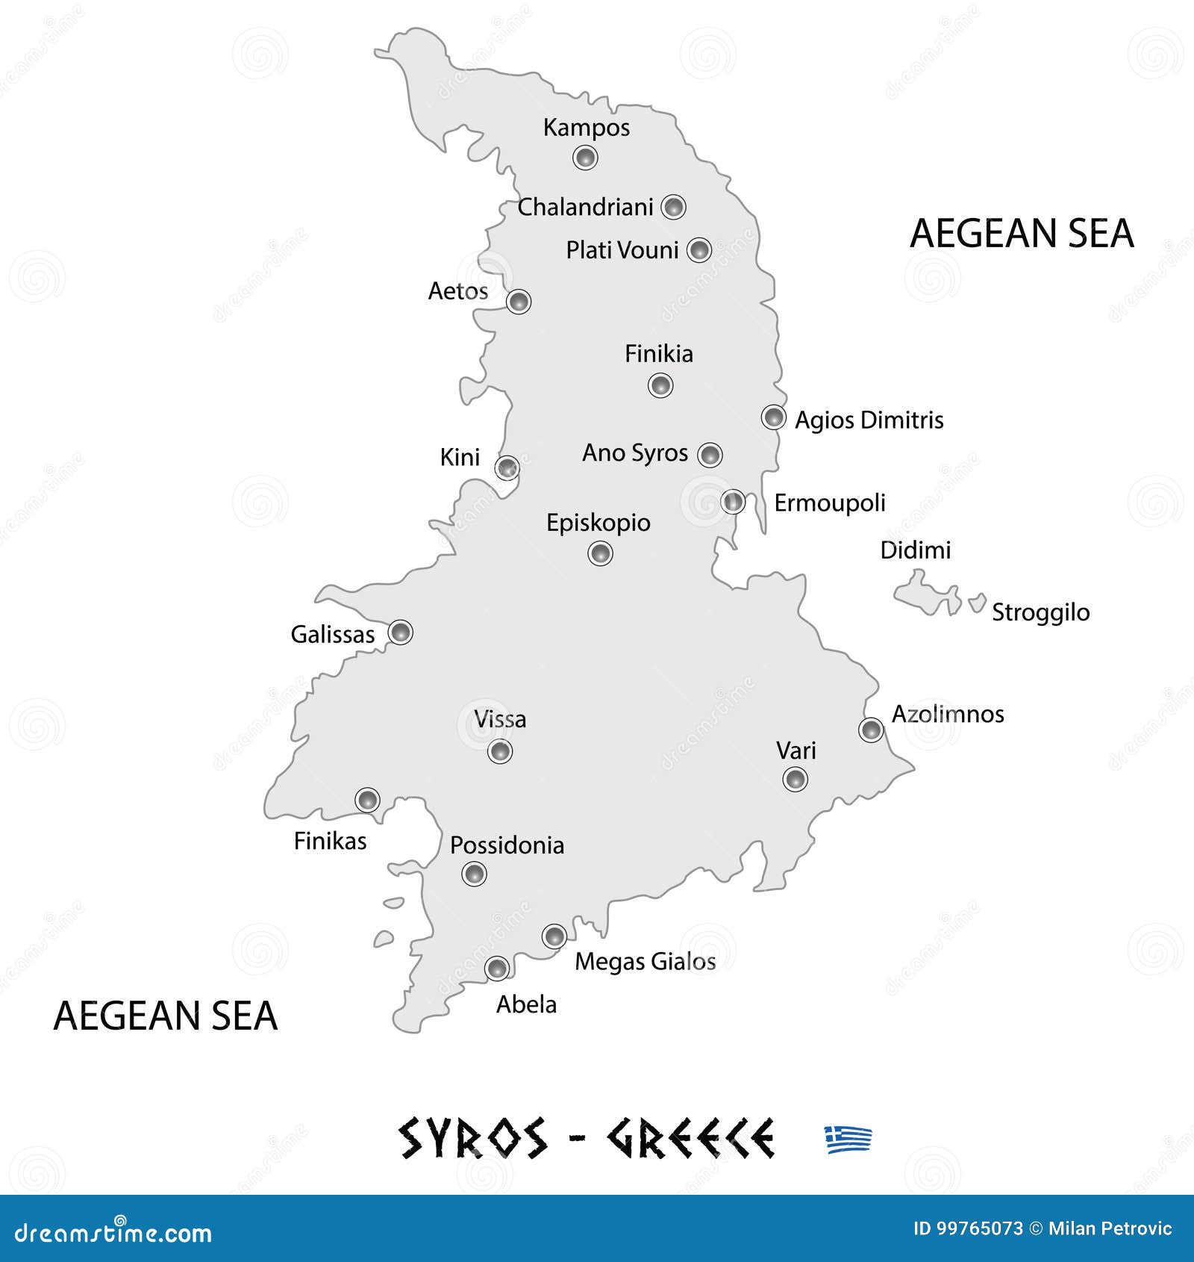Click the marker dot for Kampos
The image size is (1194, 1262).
(585, 158)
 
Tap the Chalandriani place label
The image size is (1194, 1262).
(585, 207)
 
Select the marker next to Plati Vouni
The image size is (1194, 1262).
(699, 249)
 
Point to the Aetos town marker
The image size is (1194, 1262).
(519, 302)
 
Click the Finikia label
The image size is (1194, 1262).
(658, 353)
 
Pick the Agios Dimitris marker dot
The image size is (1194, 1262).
(774, 417)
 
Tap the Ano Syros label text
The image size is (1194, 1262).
(634, 453)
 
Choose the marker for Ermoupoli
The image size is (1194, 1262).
(734, 502)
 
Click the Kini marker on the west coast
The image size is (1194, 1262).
(507, 468)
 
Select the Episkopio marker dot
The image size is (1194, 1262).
(600, 553)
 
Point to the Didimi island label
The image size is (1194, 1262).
(915, 550)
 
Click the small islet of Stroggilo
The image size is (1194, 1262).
(977, 602)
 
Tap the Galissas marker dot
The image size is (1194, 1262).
(401, 632)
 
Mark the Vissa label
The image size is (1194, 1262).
(500, 719)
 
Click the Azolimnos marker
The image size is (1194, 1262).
(871, 730)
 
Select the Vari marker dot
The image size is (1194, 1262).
(796, 780)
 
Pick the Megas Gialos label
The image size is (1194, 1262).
(645, 962)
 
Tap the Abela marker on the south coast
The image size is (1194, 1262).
(497, 969)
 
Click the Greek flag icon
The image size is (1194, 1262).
(848, 1140)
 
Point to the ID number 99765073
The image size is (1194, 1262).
(968, 1228)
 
